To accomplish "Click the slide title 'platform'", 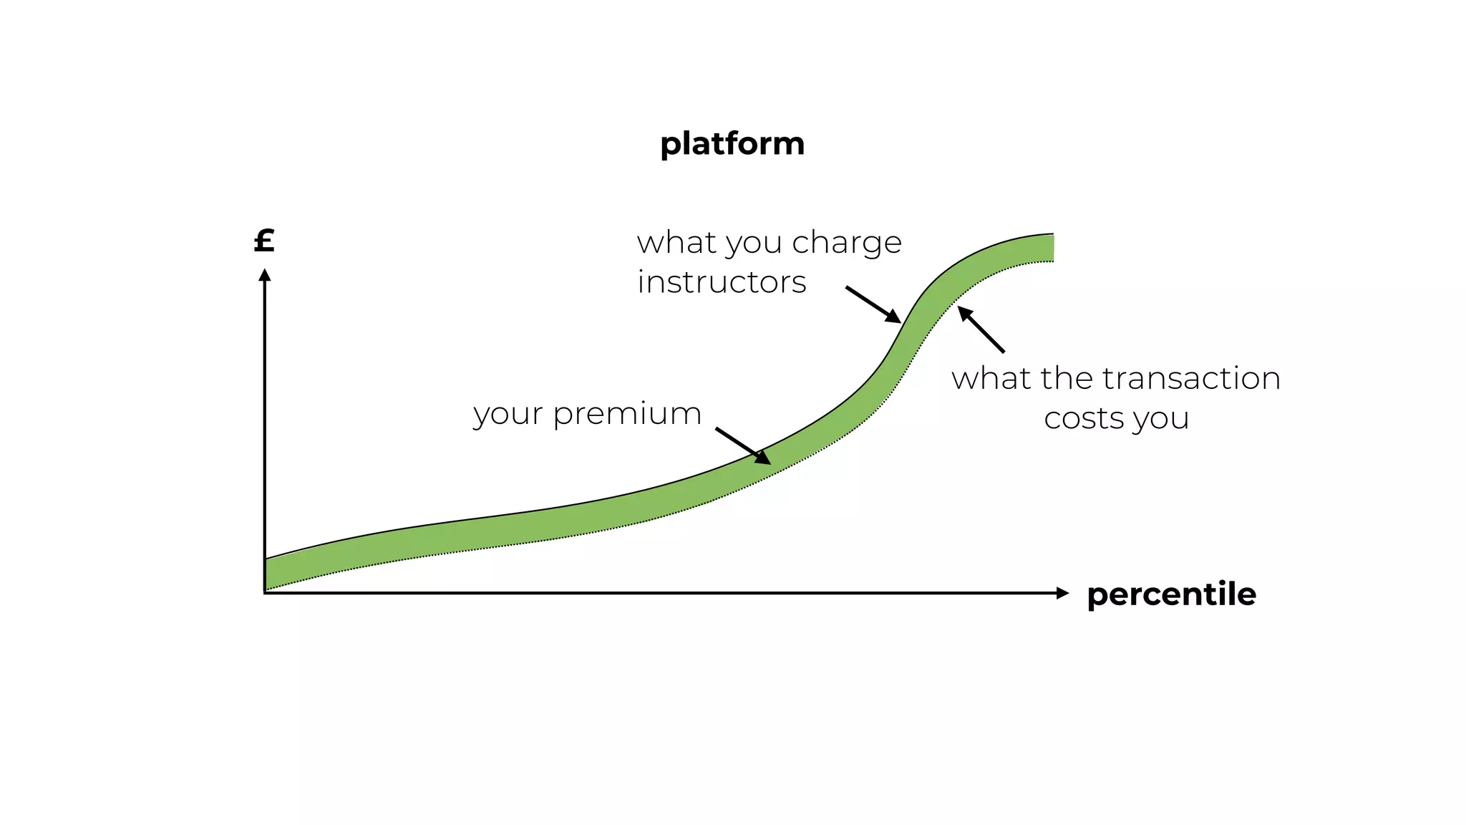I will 732,145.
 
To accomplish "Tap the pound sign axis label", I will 264,241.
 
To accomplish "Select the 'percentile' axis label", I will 1171,594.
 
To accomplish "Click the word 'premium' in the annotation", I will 627,415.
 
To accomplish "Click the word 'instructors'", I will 722,282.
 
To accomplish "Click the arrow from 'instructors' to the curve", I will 873,304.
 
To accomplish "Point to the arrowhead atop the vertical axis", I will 265,275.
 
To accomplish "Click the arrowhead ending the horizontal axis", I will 1062,593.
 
